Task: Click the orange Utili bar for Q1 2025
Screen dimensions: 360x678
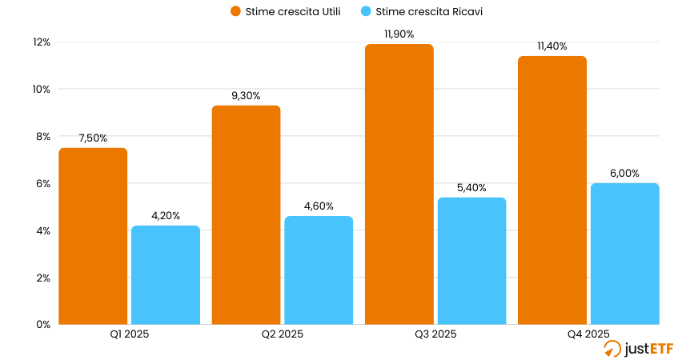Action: [x=93, y=236]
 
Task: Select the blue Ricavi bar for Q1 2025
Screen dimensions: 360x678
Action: [x=166, y=274]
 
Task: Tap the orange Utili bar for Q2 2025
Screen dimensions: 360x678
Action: [x=246, y=214]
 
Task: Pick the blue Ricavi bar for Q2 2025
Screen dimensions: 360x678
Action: [x=319, y=270]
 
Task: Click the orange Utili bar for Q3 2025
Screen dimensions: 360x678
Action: [x=399, y=184]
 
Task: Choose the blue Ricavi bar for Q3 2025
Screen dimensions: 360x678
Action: [x=471, y=261]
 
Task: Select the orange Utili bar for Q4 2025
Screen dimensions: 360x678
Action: [x=552, y=190]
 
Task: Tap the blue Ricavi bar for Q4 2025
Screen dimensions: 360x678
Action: [x=625, y=254]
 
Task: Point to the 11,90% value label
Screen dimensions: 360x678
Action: [x=399, y=34]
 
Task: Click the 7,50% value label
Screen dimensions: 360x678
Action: [x=93, y=138]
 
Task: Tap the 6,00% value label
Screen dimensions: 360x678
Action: [x=625, y=173]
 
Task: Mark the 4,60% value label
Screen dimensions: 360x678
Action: [x=319, y=206]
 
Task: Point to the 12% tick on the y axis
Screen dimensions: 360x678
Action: [x=41, y=42]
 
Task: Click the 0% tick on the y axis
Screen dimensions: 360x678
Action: [x=43, y=324]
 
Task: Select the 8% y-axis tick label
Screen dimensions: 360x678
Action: [x=43, y=136]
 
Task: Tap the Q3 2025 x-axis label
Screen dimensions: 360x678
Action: [x=435, y=334]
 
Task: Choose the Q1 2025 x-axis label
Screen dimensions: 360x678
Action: [x=129, y=334]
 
